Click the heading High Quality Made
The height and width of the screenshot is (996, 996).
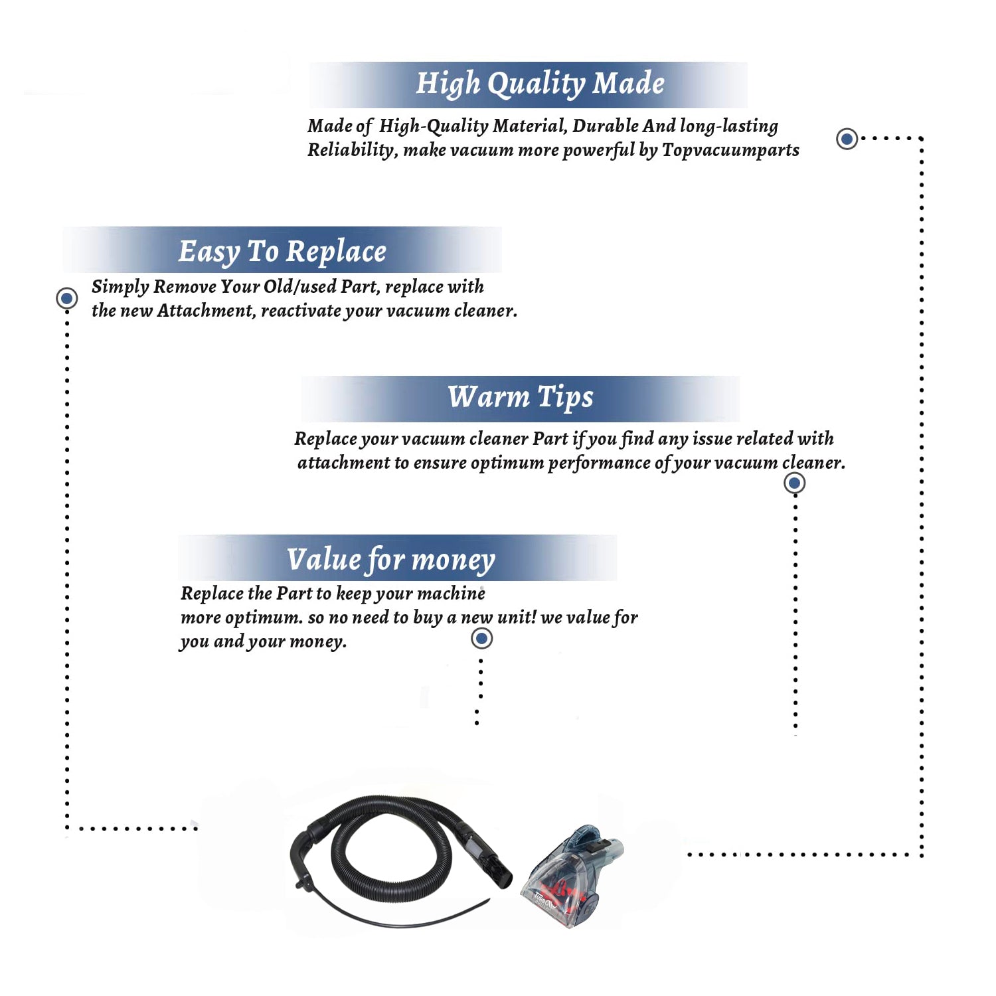540,84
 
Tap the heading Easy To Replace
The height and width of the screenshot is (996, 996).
282,252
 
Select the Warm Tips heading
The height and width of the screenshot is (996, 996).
520,397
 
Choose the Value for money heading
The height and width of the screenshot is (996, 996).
390,559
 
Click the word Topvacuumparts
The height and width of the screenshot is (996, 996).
730,151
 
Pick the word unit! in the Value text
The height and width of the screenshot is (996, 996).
516,618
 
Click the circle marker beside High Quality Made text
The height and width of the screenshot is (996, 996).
847,139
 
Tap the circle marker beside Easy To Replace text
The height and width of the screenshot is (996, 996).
66,298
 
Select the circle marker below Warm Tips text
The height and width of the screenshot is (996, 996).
794,483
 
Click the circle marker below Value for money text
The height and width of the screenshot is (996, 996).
481,639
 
